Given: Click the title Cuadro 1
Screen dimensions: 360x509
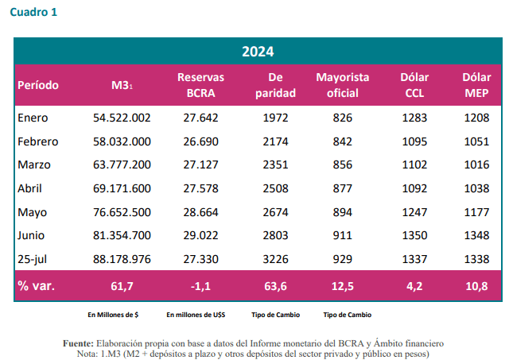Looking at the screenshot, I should coord(33,12).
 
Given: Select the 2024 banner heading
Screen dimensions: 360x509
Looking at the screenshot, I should coord(258,52).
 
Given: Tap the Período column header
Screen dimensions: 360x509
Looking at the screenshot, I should coord(37,85).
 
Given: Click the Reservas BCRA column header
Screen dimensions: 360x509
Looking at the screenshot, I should coord(200,85).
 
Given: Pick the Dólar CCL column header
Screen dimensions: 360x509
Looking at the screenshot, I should coord(414,85).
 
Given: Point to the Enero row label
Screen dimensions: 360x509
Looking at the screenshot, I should coord(33,118).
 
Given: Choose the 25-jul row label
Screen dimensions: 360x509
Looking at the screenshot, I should coord(33,259).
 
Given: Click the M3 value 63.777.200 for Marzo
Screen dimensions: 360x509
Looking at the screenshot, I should coord(122,165).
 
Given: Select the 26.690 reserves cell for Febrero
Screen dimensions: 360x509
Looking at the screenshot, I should coord(200,141).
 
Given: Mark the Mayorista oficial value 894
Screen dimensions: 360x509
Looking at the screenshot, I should coord(342,212).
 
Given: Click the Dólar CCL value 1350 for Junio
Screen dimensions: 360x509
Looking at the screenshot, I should coord(414,236).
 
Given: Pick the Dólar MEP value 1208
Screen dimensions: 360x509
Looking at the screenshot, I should coord(476,118).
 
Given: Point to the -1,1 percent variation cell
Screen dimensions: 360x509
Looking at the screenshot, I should coord(200,285).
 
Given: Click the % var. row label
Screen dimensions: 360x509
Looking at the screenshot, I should coord(37,285).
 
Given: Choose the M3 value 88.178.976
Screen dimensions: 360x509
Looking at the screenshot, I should coord(122,259).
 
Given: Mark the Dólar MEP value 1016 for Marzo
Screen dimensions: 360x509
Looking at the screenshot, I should coord(476,165).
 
